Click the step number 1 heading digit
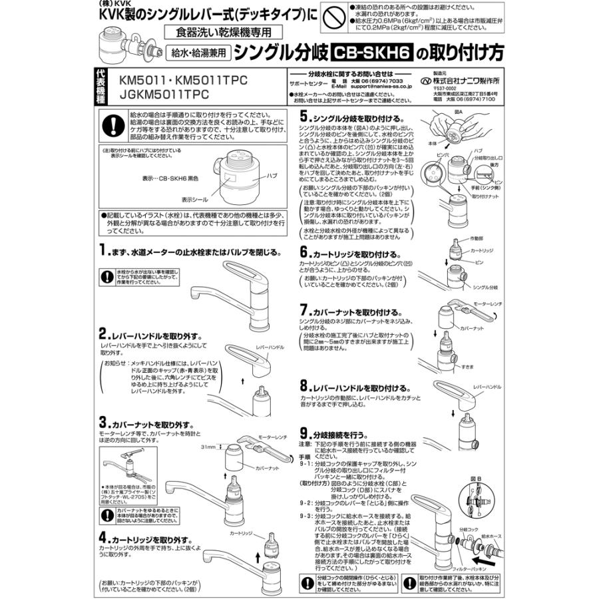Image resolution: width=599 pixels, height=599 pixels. [x=103, y=252]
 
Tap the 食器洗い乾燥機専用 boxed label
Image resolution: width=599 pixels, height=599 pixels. [x=220, y=33]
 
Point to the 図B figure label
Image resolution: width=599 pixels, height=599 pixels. [x=475, y=479]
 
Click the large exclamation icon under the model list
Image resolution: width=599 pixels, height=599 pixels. [x=115, y=123]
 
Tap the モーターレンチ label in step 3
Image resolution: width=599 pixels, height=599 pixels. [x=273, y=437]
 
